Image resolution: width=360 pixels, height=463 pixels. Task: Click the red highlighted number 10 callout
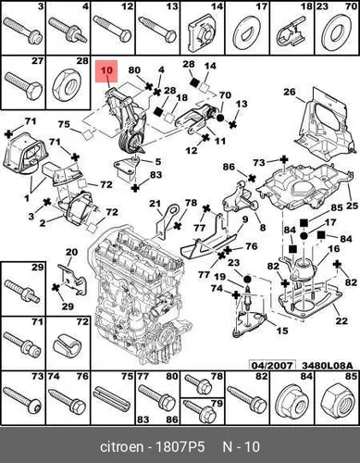click(106, 71)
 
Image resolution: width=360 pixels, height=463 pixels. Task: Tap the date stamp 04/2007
click(272, 366)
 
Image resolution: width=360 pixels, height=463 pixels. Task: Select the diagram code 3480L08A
click(327, 366)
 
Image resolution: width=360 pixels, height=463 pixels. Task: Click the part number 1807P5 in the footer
click(180, 446)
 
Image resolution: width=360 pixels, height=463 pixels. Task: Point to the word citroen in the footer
click(122, 446)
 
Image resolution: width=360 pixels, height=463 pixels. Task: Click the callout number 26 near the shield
click(290, 92)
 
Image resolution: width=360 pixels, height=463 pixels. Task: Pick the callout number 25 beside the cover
click(352, 206)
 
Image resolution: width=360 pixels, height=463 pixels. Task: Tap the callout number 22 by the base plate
click(341, 320)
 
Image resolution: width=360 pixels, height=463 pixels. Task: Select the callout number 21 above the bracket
click(155, 204)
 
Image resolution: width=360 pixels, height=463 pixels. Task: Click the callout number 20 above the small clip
click(71, 252)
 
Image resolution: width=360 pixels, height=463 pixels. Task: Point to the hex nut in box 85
click(337, 401)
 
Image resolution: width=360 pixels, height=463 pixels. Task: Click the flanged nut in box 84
click(292, 401)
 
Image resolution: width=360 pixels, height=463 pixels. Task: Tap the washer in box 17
click(248, 34)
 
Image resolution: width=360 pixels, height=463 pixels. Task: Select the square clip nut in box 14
click(203, 31)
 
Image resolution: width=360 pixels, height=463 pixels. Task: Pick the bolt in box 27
click(23, 85)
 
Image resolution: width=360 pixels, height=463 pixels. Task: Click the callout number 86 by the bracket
click(230, 167)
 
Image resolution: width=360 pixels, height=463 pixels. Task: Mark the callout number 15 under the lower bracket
click(281, 331)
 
